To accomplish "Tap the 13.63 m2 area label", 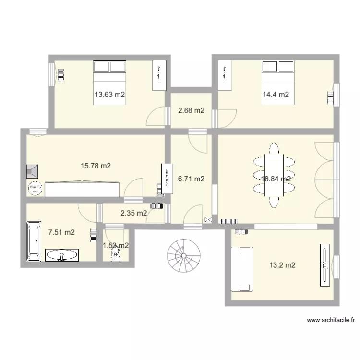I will [x=109, y=95].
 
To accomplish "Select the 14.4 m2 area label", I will [x=275, y=95].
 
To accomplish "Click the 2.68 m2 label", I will [x=191, y=110].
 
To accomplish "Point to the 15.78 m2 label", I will [x=96, y=166].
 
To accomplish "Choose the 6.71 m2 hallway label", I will [x=191, y=179].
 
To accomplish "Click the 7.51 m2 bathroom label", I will [x=61, y=232].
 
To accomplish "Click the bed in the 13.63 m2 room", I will [x=109, y=72].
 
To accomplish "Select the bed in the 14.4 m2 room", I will [x=277, y=72].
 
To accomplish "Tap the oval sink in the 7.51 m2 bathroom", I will [x=61, y=255].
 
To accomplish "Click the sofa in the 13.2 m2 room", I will [x=242, y=269].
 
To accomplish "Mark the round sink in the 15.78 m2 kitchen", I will [x=35, y=189].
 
